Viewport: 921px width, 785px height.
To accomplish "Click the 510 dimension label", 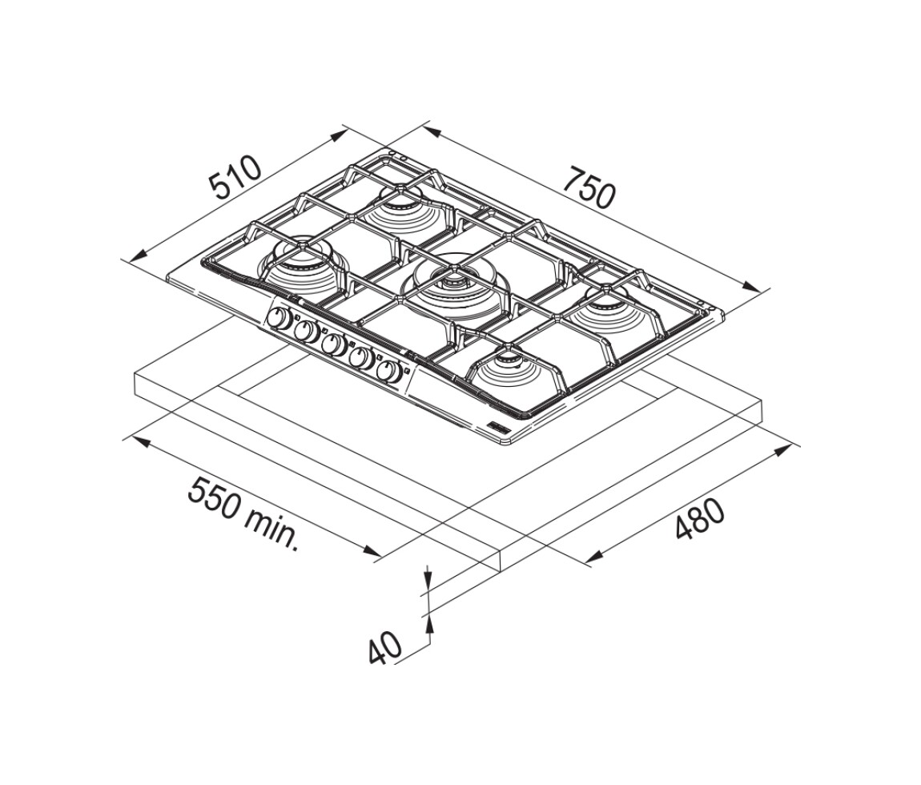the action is click(x=235, y=177).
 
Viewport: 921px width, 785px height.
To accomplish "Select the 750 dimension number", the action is click(x=589, y=187).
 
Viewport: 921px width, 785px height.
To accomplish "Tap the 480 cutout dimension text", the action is click(x=700, y=519).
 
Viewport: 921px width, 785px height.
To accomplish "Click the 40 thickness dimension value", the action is click(x=384, y=648).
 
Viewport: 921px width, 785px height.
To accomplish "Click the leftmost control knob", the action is click(x=278, y=319).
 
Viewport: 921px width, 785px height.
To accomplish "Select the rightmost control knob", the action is click(x=389, y=372).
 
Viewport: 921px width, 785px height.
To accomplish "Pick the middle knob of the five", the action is click(x=334, y=345).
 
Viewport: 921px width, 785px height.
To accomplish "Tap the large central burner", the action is click(x=452, y=285).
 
